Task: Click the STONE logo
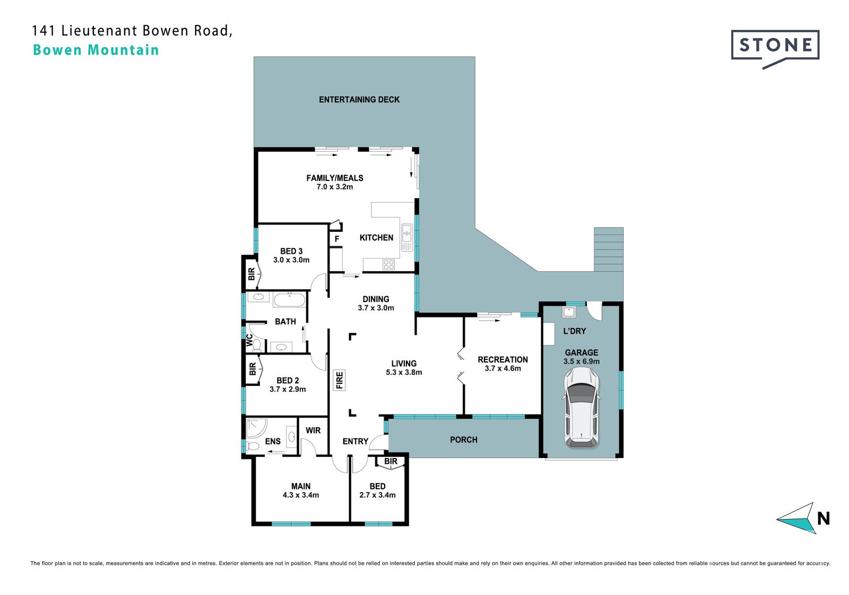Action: (775, 49)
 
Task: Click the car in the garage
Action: (581, 408)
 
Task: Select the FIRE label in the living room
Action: (339, 380)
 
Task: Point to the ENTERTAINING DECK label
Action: (359, 100)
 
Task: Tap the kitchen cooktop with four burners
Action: (388, 264)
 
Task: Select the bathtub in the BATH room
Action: (289, 300)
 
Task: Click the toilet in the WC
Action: (257, 345)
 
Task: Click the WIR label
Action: (313, 430)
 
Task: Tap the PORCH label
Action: (464, 440)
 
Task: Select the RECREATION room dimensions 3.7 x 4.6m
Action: (503, 368)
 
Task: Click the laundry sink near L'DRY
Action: (569, 312)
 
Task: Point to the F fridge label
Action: (336, 239)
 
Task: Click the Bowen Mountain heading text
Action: (96, 50)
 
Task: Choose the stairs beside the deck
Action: (609, 249)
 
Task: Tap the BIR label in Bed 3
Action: (252, 274)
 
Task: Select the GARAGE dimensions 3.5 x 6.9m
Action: (582, 361)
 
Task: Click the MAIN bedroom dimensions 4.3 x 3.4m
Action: (300, 495)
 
